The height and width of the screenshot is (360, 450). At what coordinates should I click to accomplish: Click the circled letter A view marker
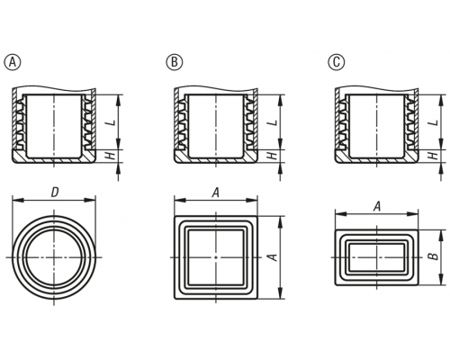click(x=13, y=62)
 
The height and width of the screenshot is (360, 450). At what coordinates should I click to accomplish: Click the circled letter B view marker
click(x=175, y=62)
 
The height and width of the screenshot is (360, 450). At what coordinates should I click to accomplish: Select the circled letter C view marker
click(x=337, y=62)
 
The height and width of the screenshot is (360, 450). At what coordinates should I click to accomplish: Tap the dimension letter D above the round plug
click(x=54, y=193)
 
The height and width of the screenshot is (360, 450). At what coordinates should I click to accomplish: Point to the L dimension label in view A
click(x=112, y=122)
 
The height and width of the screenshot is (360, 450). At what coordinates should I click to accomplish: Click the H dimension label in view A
click(x=112, y=156)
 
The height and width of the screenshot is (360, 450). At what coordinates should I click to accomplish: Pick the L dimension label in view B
click(x=274, y=122)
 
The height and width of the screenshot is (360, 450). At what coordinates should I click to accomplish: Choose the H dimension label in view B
click(x=274, y=156)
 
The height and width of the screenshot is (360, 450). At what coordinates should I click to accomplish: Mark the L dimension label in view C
click(x=434, y=122)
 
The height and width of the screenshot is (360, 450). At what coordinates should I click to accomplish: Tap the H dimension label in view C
click(x=434, y=156)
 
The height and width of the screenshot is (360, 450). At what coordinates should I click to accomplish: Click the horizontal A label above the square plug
click(x=216, y=193)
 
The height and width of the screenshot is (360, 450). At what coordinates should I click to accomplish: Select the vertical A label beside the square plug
click(x=273, y=257)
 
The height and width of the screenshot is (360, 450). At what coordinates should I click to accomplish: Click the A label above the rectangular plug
click(x=377, y=206)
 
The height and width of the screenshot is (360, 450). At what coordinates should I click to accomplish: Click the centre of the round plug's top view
click(x=54, y=257)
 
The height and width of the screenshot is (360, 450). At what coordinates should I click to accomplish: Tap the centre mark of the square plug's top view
click(x=216, y=257)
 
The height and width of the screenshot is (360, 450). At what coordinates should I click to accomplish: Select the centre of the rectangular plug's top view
click(x=376, y=257)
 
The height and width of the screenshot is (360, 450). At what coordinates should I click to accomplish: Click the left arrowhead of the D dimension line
click(x=18, y=200)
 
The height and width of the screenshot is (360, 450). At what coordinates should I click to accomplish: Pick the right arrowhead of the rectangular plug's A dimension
click(x=412, y=214)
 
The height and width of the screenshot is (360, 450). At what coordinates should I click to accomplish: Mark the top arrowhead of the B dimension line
click(x=441, y=236)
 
